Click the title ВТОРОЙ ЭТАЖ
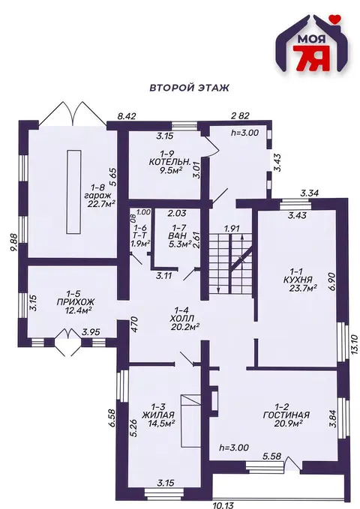tap(189, 88)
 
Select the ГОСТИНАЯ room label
tap(286, 415)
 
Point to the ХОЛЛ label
tap(182, 319)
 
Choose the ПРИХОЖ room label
tap(76, 302)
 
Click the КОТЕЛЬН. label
tap(169, 162)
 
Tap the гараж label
tap(97, 196)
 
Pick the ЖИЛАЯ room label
tap(158, 415)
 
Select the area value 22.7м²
tap(102, 204)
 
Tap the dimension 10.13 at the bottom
tap(223, 505)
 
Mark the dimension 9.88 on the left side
tap(13, 242)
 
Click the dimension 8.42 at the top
tap(127, 116)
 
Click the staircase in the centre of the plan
tap(230, 264)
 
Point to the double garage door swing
tap(73, 112)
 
